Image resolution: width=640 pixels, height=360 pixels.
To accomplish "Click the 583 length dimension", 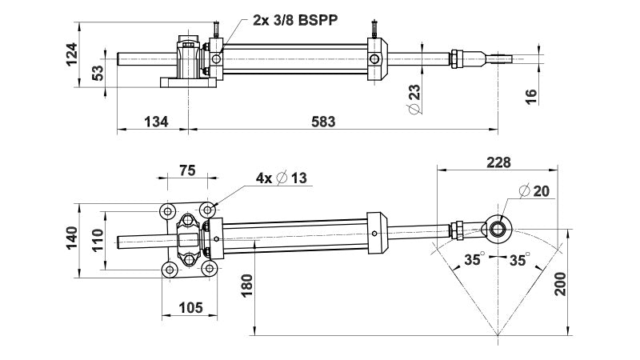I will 322,122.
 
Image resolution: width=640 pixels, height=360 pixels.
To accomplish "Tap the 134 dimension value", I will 156,122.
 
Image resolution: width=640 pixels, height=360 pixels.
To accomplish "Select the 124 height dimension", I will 72,55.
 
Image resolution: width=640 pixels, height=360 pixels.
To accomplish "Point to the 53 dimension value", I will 98,74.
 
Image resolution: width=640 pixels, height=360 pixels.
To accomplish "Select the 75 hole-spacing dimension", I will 186,170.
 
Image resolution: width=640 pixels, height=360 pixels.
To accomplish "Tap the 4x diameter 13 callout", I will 281,178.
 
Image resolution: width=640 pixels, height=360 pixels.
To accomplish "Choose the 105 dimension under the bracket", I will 190,307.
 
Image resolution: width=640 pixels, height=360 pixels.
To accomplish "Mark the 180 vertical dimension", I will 247,285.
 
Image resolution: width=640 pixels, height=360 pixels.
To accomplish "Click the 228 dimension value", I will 498,162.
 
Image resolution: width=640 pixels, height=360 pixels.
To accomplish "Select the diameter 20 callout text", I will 534,190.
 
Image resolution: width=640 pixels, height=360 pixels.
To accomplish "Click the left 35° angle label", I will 475,261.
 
